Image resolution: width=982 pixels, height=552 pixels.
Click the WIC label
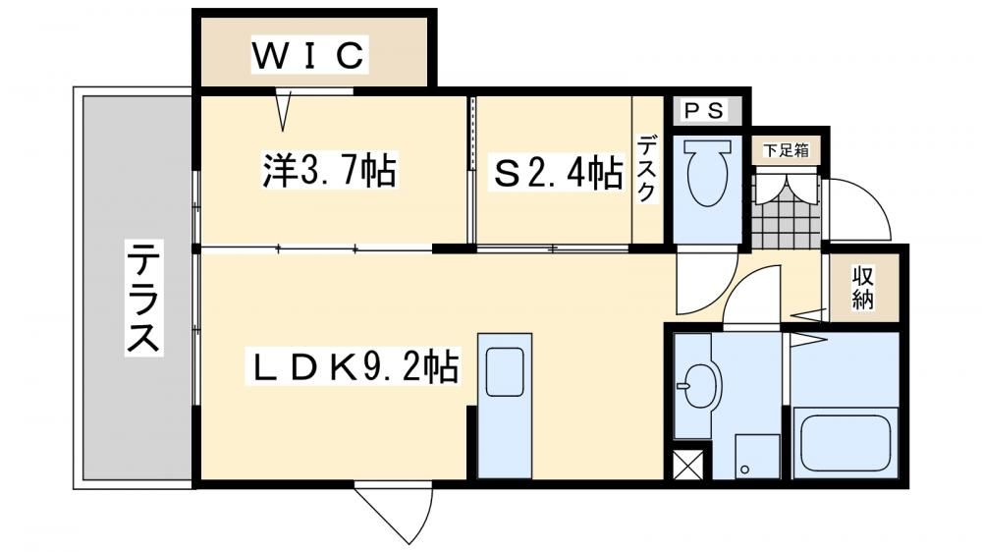pyautogui.click(x=308, y=54)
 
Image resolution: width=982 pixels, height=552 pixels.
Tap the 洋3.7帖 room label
pyautogui.click(x=329, y=171)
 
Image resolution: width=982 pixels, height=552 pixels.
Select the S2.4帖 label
pyautogui.click(x=558, y=173)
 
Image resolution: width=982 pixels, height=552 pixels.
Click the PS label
pyautogui.click(x=704, y=111)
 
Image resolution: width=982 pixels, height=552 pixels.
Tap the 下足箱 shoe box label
pyautogui.click(x=786, y=150)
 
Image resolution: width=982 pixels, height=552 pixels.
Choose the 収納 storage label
pyautogui.click(x=862, y=288)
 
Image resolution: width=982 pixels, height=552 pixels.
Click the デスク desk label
pyautogui.click(x=647, y=168)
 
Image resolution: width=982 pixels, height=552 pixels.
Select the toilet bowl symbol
pyautogui.click(x=708, y=169)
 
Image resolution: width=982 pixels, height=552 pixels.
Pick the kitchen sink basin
pyautogui.click(x=505, y=371)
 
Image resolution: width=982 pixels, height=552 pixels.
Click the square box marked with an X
pyautogui.click(x=687, y=465)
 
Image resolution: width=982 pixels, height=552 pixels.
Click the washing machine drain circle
pyautogui.click(x=744, y=469)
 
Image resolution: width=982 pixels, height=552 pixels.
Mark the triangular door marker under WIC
pyautogui.click(x=284, y=110)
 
